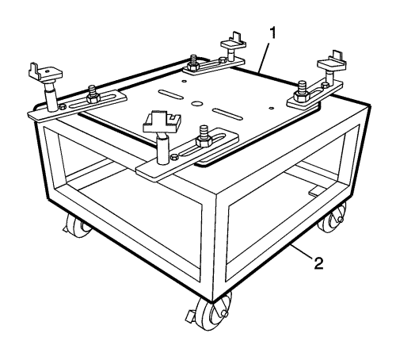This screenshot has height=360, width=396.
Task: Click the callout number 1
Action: tap(272, 34)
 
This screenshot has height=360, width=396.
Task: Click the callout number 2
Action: tap(318, 263)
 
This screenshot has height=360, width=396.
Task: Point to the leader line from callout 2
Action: tap(302, 251)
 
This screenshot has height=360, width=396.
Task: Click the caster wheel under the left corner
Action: tap(77, 224)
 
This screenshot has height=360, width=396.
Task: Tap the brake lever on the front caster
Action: tap(191, 316)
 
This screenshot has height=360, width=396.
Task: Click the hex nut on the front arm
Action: tap(203, 143)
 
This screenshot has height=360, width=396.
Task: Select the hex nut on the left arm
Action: tap(93, 99)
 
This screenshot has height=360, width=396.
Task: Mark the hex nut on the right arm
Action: tap(301, 96)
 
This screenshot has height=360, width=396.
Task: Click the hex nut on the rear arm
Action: tap(195, 66)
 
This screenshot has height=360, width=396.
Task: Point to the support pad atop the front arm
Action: tap(162, 122)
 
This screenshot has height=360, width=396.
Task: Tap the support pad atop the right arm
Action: tap(332, 63)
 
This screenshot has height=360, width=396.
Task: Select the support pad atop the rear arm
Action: tap(234, 42)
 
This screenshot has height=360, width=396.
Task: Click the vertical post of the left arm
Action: tap(51, 97)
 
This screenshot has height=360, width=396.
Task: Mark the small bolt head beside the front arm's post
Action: tap(174, 157)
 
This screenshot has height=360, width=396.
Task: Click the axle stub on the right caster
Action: tap(341, 219)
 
